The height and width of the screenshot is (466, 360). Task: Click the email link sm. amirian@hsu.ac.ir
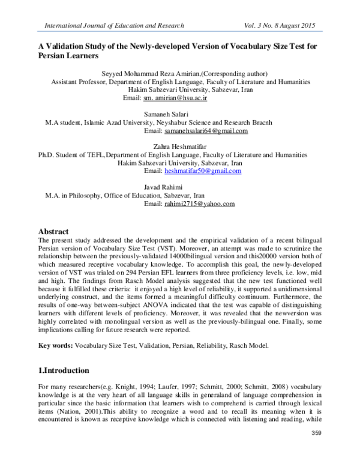[x=180, y=97]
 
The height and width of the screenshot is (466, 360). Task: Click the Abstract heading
[x=53, y=231]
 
